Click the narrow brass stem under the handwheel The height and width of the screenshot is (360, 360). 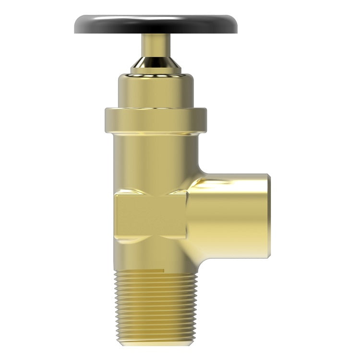pos(156,46)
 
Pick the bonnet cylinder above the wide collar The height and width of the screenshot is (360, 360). pos(156,91)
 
